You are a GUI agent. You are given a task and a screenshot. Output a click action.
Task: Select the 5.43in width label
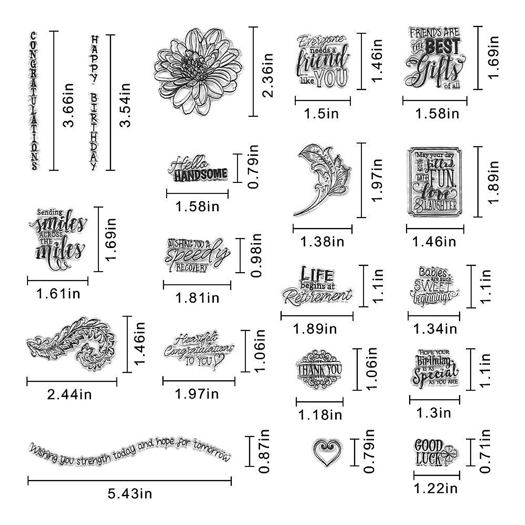click(x=129, y=494)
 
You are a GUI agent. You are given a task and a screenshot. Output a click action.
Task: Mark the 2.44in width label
click(x=70, y=395)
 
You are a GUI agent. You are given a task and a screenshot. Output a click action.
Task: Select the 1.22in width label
click(x=435, y=487)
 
